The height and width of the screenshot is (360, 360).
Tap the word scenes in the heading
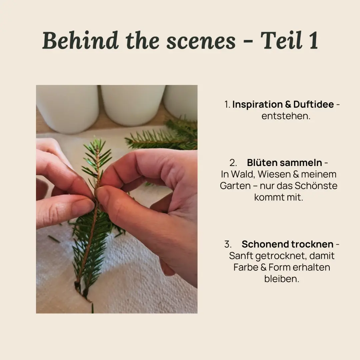pos(201,41)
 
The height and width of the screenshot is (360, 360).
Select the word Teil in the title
pos(281,40)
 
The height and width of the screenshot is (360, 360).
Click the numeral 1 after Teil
pos(314,41)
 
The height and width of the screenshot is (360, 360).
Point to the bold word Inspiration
pos(257,104)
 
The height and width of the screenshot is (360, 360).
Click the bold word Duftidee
pos(313,104)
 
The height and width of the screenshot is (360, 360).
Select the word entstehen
pos(286,116)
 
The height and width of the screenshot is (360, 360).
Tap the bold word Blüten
pos(261,163)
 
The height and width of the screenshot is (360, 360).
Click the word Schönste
pos(316,186)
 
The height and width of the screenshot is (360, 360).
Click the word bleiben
pos(282,279)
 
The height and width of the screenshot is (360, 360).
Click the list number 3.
pos(228,244)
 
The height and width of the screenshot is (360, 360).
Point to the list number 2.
pos(233,163)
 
